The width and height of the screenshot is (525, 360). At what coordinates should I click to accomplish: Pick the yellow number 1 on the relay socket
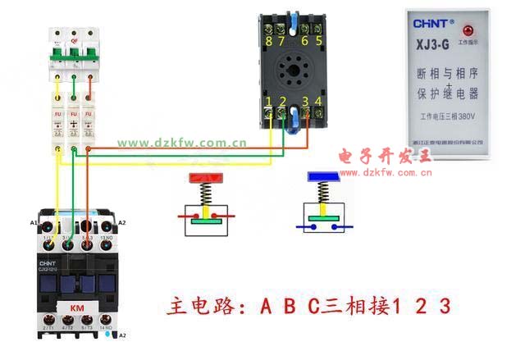[x=269, y=103]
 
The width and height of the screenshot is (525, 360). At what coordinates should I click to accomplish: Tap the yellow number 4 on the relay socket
[x=318, y=103]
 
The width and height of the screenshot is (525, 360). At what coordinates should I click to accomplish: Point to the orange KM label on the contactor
[x=76, y=308]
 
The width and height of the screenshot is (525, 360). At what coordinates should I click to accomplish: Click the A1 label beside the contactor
[x=34, y=222]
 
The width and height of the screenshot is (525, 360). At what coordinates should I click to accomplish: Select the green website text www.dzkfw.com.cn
[x=181, y=142]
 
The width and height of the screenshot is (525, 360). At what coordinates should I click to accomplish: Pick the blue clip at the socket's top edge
[x=293, y=16]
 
